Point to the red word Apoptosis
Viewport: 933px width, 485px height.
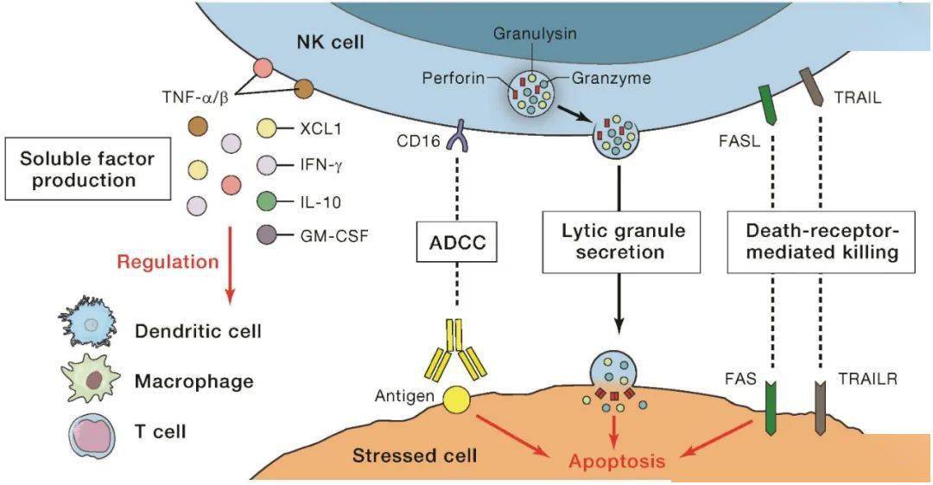(x=617, y=461)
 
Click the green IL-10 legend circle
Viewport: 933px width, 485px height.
(x=269, y=203)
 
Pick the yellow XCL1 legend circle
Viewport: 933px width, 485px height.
(x=269, y=130)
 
